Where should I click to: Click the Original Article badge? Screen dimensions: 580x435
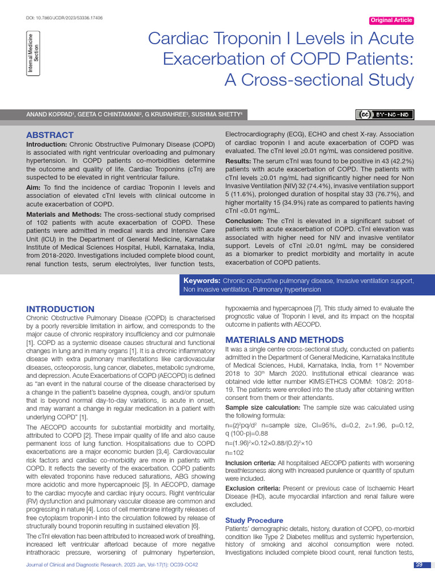391,20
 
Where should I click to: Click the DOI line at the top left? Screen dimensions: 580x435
57,18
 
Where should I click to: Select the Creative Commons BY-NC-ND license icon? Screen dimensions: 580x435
385,115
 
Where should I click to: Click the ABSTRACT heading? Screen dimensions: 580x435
50,135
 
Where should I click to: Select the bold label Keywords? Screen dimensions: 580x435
202,281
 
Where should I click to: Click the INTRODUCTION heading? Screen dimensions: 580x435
61,309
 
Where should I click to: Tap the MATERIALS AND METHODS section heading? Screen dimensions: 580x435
284,340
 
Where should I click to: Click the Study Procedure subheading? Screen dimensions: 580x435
254,520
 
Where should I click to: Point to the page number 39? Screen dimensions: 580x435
419,565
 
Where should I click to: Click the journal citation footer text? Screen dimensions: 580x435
113,565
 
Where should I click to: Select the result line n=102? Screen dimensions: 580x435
234,453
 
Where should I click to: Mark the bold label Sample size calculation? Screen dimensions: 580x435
263,407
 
